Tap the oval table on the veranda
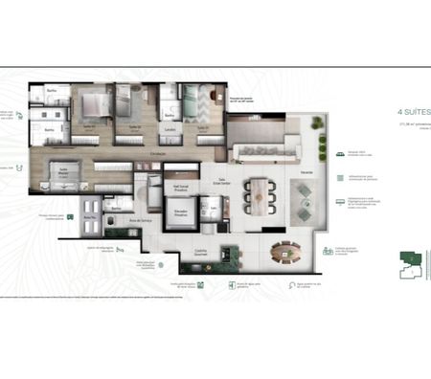click(284, 252)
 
